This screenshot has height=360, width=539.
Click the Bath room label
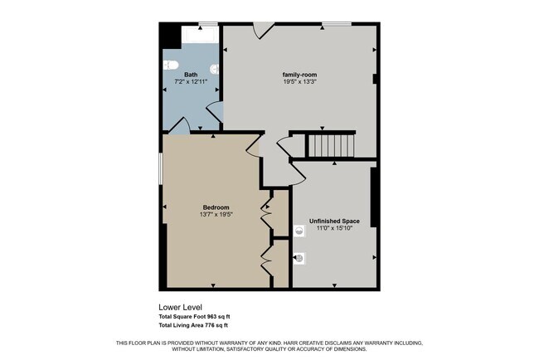click(190, 75)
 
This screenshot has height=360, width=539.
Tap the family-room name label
click(296, 75)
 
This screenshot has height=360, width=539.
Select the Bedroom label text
click(216, 207)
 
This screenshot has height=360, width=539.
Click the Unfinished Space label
click(334, 221)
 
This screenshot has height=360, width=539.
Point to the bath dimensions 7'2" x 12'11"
click(190, 82)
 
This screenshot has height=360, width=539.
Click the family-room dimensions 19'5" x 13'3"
click(296, 82)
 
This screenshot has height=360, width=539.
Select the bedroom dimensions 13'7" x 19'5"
click(216, 214)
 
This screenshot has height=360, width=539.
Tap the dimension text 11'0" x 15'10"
click(334, 228)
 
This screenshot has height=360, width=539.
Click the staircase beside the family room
click(331, 146)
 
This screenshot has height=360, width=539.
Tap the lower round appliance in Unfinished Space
click(299, 258)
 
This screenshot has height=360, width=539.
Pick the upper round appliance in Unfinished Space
click(299, 231)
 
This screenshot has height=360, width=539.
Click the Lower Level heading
click(180, 307)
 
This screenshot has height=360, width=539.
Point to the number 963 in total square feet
click(211, 317)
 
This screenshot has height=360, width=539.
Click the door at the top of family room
click(263, 30)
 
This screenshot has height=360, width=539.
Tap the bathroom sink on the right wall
click(216, 70)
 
